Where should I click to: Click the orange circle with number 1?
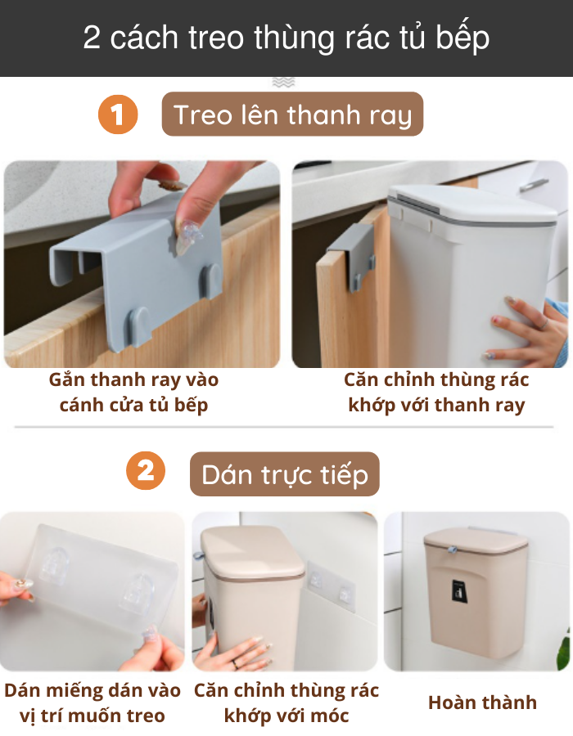coord(118,114)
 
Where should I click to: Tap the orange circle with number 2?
coord(146,471)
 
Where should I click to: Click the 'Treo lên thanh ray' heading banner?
coord(292,114)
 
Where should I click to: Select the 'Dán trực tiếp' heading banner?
coord(285,474)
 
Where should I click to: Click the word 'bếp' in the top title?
coord(462,38)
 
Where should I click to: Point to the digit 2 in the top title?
coord(92,38)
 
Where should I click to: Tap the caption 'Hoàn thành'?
coord(482,702)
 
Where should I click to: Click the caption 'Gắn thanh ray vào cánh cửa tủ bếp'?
coord(134,392)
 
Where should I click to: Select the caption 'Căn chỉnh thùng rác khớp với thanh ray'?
coord(436,392)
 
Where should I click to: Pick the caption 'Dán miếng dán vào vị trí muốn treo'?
coord(92,702)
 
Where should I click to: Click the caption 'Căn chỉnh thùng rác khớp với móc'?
coord(286,702)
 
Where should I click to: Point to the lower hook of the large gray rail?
coord(139,326)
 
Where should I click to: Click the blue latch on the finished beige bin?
coord(453,550)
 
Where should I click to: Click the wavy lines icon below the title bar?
coord(284,82)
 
